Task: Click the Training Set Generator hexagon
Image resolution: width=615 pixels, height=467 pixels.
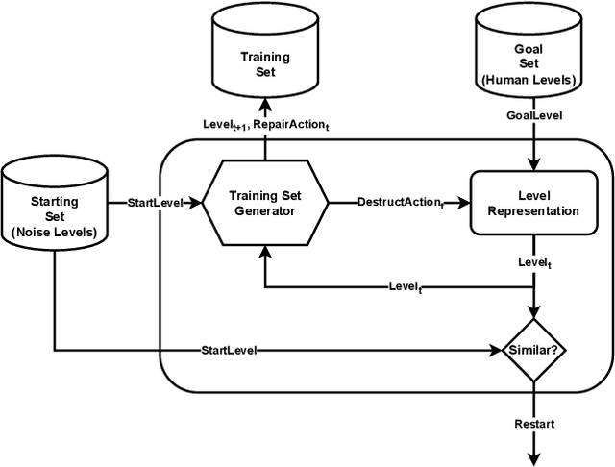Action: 264,203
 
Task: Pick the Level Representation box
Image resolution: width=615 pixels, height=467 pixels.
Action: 528,203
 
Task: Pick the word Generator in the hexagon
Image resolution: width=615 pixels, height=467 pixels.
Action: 264,211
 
